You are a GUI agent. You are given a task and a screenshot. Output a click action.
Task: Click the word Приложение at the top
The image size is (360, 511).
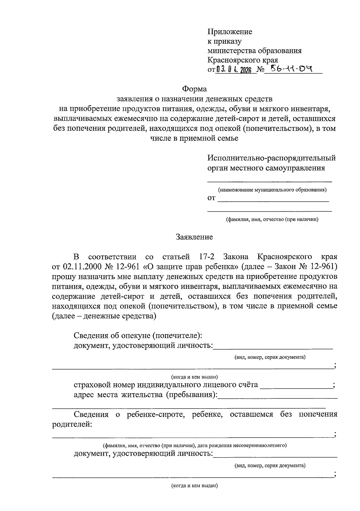pyautogui.click(x=230, y=32)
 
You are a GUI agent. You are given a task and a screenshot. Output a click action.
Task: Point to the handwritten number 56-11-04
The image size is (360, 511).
pyautogui.click(x=291, y=69)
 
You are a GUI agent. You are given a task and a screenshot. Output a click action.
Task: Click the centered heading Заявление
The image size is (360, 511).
pyautogui.click(x=194, y=237)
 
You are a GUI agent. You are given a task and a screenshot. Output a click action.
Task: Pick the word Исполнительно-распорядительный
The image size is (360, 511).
pyautogui.click(x=271, y=158)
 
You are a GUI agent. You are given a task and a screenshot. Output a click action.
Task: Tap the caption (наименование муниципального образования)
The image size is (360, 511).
pyautogui.click(x=272, y=190)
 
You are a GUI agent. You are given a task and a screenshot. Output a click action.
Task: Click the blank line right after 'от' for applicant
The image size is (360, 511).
pyautogui.click(x=273, y=199)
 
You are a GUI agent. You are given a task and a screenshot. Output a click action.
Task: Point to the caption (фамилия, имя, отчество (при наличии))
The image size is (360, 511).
pyautogui.click(x=272, y=219)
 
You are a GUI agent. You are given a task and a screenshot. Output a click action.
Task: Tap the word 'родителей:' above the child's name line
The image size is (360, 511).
pyautogui.click(x=72, y=425)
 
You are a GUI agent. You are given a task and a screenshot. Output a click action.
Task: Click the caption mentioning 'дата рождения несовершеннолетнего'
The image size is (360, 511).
pyautogui.click(x=194, y=445)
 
